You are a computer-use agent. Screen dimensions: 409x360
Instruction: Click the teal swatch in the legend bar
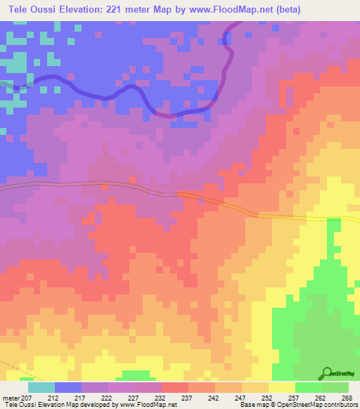(41, 387)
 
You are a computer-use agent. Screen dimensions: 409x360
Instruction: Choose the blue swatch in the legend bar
(68, 387)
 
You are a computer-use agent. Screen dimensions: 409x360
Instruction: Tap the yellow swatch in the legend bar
(281, 387)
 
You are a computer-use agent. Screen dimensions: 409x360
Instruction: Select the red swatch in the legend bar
(175, 387)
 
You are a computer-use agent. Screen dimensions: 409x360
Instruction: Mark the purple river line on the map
(105, 93)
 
